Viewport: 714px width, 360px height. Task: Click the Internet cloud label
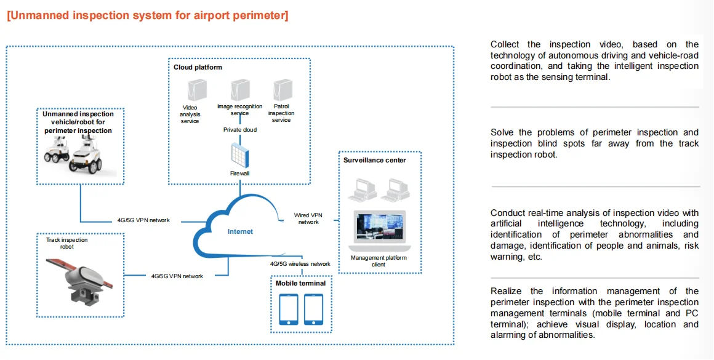tap(240, 231)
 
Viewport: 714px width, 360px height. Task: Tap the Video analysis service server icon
tap(196, 90)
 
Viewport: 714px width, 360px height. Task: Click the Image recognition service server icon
tap(239, 89)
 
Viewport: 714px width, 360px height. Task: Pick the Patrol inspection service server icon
tap(281, 89)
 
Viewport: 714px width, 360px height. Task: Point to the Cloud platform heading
tap(198, 67)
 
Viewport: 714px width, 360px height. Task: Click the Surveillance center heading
tap(374, 161)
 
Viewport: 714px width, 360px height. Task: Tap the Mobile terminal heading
tap(300, 283)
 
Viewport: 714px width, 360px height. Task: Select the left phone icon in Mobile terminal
tap(289, 309)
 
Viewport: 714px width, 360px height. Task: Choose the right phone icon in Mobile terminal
tap(313, 309)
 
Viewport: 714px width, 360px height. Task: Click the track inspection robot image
tap(81, 277)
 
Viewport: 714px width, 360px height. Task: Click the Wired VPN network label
tap(308, 218)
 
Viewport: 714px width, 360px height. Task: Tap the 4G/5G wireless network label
tap(300, 264)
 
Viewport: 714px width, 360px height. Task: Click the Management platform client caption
tap(379, 261)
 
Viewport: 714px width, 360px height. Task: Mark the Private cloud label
tap(239, 130)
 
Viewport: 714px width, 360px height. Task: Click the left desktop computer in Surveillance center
tap(361, 190)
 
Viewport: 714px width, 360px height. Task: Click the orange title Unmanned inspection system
tap(147, 15)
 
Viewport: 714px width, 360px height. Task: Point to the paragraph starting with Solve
tap(595, 143)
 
